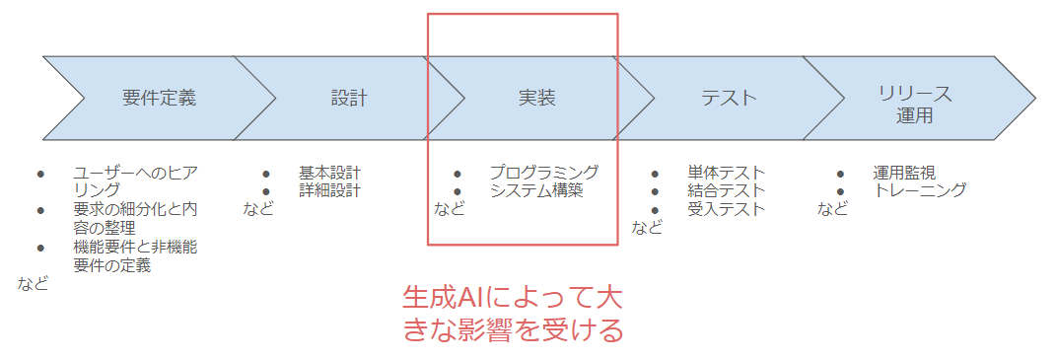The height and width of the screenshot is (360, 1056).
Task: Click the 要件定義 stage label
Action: pos(160,99)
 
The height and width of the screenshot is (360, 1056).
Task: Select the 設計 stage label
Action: pos(349,99)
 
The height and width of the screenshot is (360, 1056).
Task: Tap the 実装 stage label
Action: pos(536,99)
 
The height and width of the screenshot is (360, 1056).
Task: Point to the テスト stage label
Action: pos(729,99)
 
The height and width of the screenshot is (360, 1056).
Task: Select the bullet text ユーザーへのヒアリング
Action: pos(135,181)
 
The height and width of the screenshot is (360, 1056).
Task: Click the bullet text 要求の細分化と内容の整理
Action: pos(135,219)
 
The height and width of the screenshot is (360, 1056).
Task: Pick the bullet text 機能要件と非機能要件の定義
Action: pos(135,256)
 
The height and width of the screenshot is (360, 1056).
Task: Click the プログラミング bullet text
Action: pos(543,173)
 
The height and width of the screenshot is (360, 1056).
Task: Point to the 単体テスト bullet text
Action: pos(727,173)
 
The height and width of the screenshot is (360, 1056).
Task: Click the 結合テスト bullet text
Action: pos(727,190)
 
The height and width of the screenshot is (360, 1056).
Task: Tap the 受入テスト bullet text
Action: pos(727,209)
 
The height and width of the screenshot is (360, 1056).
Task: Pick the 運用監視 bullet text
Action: pos(904,173)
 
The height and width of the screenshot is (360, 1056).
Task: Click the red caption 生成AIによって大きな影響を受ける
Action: pos(514,314)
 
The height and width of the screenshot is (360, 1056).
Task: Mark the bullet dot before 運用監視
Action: pos(840,173)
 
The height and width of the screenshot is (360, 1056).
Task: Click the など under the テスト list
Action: pos(647,228)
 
